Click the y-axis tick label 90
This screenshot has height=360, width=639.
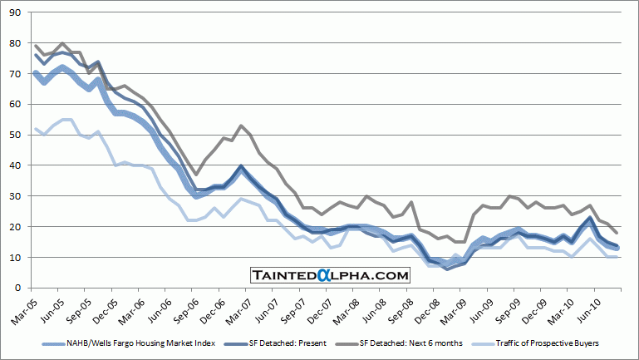(x=16, y=12)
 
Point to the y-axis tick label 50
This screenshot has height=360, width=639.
(x=16, y=135)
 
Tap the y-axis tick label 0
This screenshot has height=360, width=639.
(x=18, y=288)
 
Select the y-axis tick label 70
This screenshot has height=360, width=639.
(x=16, y=73)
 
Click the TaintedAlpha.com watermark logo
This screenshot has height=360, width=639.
(x=331, y=275)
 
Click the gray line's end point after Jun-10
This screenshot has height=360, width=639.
(x=616, y=232)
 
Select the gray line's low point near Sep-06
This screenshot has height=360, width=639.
(x=196, y=175)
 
